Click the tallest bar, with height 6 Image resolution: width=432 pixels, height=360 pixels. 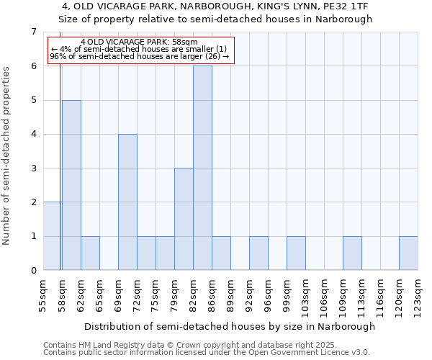tap(202, 168)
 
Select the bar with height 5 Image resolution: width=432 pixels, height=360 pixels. tap(71, 185)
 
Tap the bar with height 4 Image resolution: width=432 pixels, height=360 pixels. tap(127, 202)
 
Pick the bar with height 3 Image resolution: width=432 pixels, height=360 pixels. tap(184, 219)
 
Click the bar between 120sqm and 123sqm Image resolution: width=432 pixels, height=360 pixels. tap(408, 253)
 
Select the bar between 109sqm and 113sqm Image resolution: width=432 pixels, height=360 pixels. tap(352, 253)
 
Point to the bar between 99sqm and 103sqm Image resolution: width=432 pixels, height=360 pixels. tap(296, 253)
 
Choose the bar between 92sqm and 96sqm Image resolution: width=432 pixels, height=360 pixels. tap(258, 253)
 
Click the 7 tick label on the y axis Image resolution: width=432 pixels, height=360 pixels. tap(33, 32)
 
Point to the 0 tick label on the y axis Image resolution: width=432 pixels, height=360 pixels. tap(33, 271)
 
